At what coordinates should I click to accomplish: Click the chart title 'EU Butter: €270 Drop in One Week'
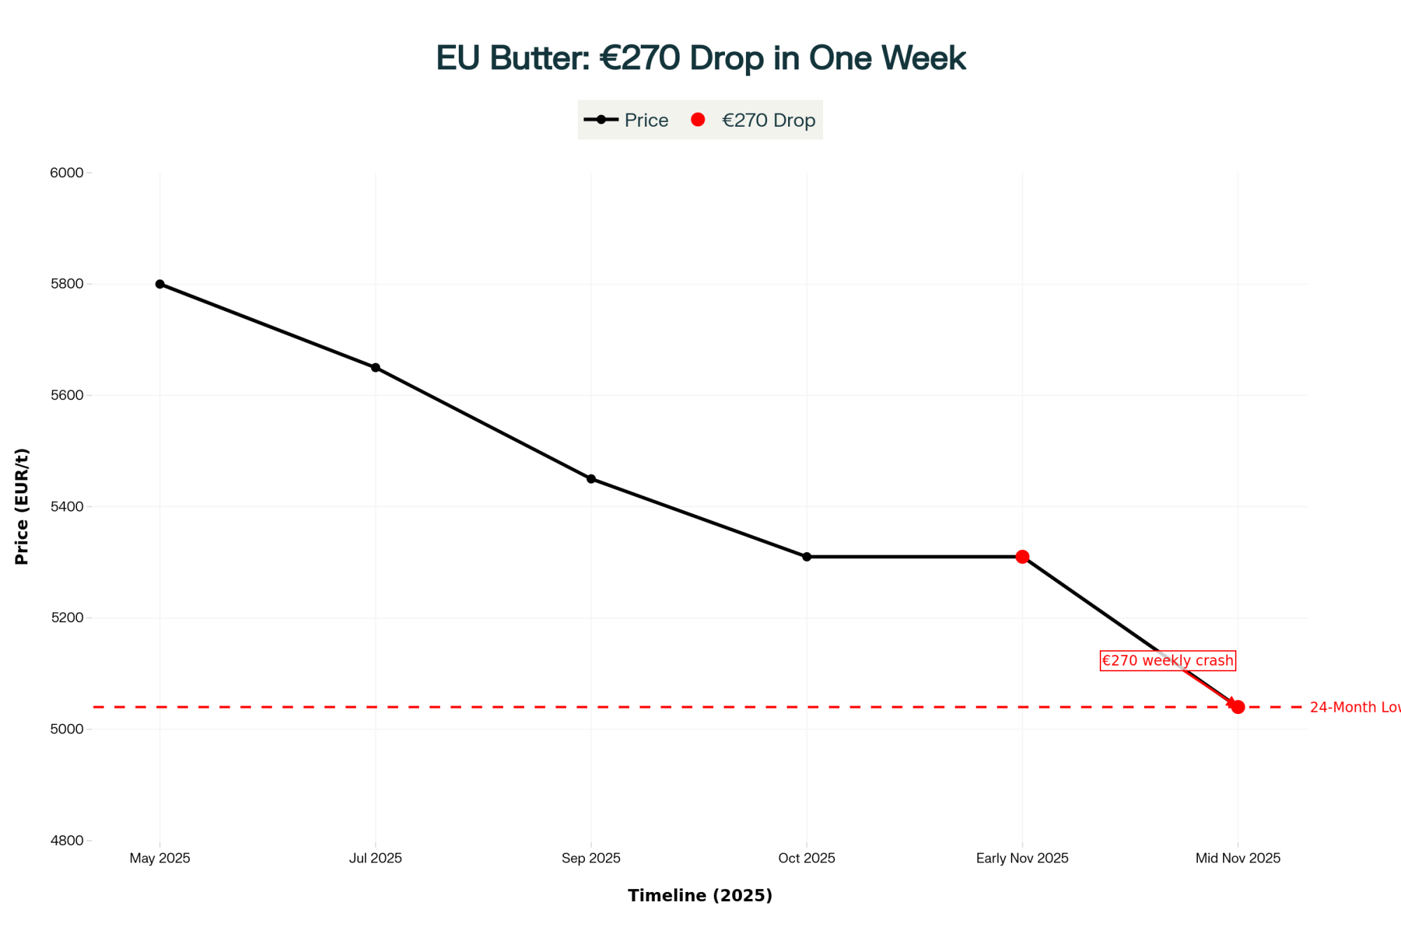coord(700,57)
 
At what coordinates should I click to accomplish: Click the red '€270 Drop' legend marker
coord(698,120)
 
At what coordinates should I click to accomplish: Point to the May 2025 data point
coord(160,284)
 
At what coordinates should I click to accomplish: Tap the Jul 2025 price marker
coord(375,368)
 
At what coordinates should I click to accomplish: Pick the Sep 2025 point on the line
coord(591,479)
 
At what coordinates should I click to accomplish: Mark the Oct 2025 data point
coord(807,557)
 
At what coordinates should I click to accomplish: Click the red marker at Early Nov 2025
coord(1022,557)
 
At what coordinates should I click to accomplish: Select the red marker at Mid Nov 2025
coord(1238,707)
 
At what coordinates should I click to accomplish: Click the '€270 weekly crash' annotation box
coord(1167,661)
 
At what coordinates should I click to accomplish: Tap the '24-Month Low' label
coord(1355,707)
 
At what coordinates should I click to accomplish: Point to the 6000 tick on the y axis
coord(67,173)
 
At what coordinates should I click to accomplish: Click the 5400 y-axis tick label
coord(67,507)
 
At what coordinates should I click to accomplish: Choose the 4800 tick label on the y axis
coord(67,840)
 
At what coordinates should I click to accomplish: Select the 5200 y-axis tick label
coord(67,618)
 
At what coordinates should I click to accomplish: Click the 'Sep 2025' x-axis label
coord(591,858)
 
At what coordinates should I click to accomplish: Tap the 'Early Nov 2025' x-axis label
coord(1022,858)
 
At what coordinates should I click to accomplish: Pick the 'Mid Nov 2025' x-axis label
coord(1238,858)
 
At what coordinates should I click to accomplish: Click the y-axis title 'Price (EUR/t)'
coord(22,506)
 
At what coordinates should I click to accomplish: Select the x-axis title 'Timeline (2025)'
coord(700,895)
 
